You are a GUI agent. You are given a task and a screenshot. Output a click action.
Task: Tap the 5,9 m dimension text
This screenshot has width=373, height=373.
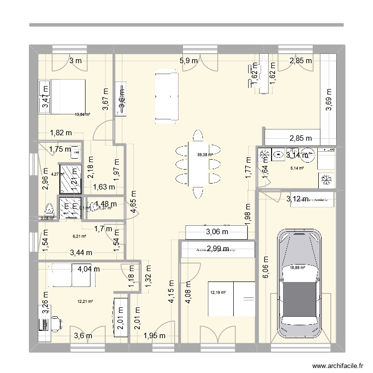pyautogui.click(x=188, y=61)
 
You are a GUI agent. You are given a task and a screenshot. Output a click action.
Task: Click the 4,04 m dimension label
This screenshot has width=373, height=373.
pyautogui.click(x=89, y=269)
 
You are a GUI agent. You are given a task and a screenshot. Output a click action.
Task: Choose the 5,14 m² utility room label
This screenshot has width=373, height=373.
pyautogui.click(x=297, y=168)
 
